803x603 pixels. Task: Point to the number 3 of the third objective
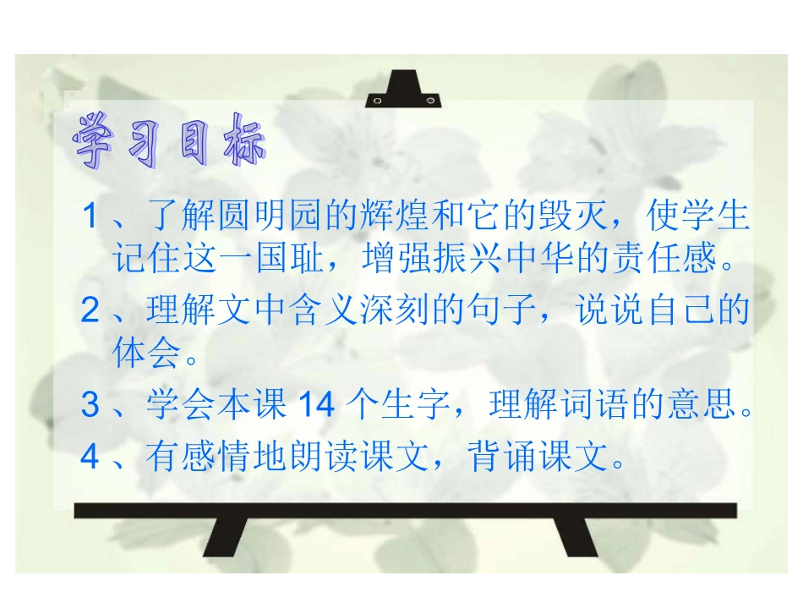pyautogui.click(x=90, y=406)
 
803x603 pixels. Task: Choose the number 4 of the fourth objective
pyautogui.click(x=90, y=458)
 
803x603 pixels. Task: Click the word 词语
pyautogui.click(x=587, y=406)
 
